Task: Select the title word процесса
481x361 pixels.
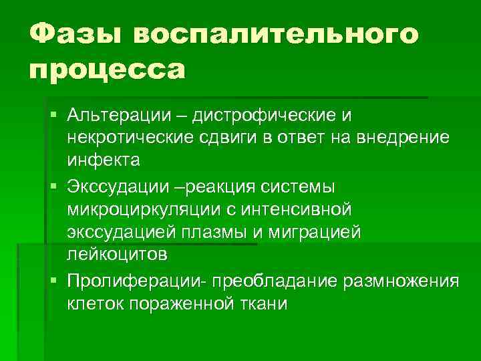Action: [107, 70]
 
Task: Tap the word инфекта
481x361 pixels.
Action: [104, 160]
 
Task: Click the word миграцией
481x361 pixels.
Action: [323, 231]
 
